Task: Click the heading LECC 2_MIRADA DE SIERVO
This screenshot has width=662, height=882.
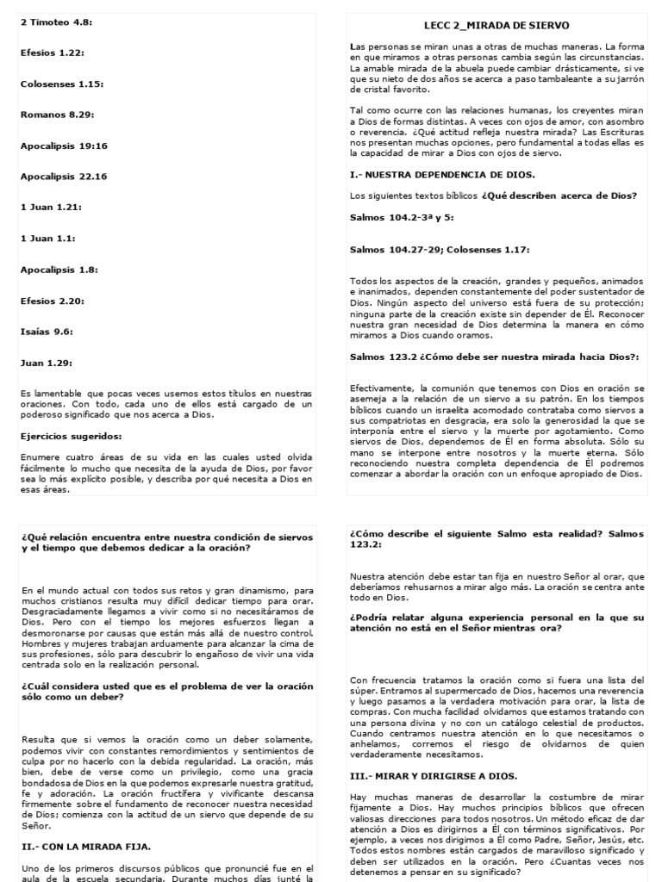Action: (x=496, y=26)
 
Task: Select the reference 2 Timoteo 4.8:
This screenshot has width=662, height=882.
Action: (x=56, y=22)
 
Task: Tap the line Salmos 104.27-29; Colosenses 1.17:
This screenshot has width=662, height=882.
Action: (x=440, y=250)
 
